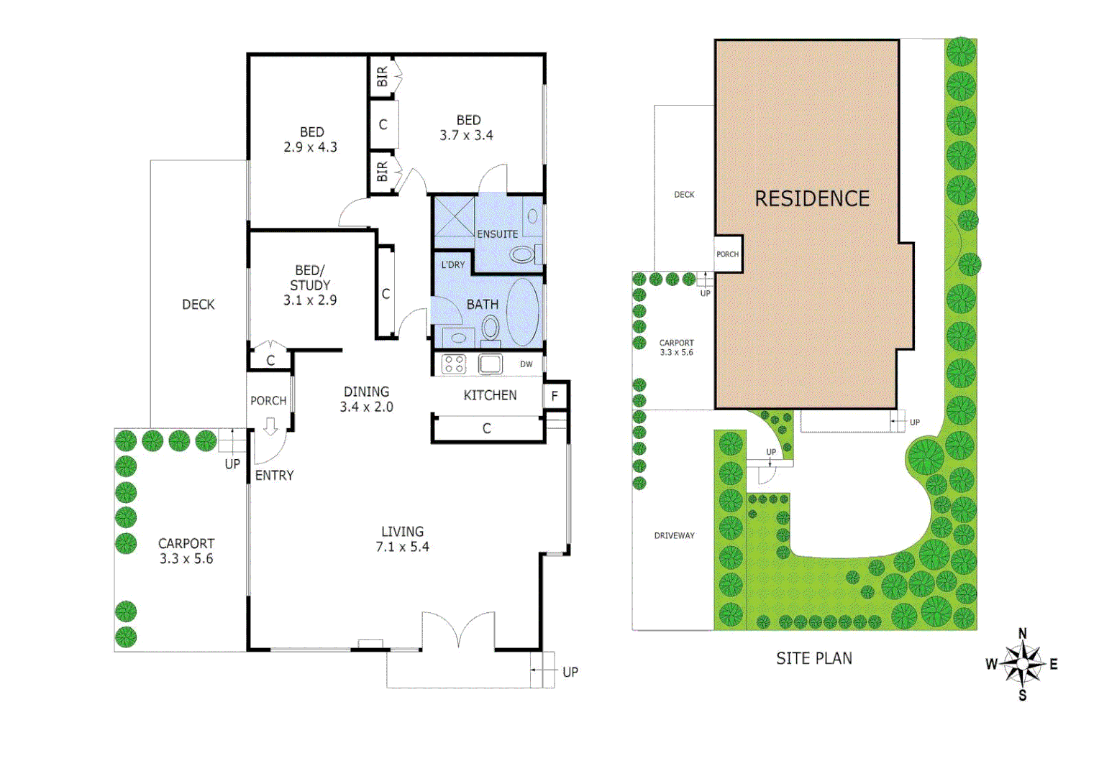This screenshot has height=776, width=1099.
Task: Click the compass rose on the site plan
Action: click(x=1022, y=664)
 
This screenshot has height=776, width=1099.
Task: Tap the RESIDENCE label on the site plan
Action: click(x=811, y=198)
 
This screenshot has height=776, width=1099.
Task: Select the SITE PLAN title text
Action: click(x=813, y=658)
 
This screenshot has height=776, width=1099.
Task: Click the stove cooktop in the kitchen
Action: click(x=454, y=364)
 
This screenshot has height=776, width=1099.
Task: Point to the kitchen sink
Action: click(x=491, y=364)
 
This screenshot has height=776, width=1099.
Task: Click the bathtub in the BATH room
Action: click(x=522, y=313)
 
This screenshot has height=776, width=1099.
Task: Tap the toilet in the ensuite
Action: click(x=523, y=254)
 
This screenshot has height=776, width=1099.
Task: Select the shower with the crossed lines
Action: click(x=454, y=216)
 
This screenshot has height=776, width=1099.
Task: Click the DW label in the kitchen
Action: click(x=526, y=364)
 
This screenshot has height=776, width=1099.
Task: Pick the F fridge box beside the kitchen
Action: click(x=555, y=396)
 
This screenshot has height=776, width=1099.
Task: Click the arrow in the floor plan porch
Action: click(x=270, y=427)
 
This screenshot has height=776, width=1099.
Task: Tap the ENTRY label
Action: click(x=274, y=476)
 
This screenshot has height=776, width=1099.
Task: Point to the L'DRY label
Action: click(x=453, y=264)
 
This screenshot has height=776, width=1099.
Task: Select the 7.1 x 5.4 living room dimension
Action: click(x=402, y=547)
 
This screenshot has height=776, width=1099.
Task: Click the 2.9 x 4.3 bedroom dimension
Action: click(x=310, y=147)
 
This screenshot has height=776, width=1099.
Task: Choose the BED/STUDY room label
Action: click(x=310, y=277)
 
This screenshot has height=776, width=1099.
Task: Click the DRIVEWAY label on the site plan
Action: click(x=674, y=535)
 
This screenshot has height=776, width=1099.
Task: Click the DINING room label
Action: click(x=366, y=392)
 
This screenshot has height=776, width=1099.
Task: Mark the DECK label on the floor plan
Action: click(x=198, y=305)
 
